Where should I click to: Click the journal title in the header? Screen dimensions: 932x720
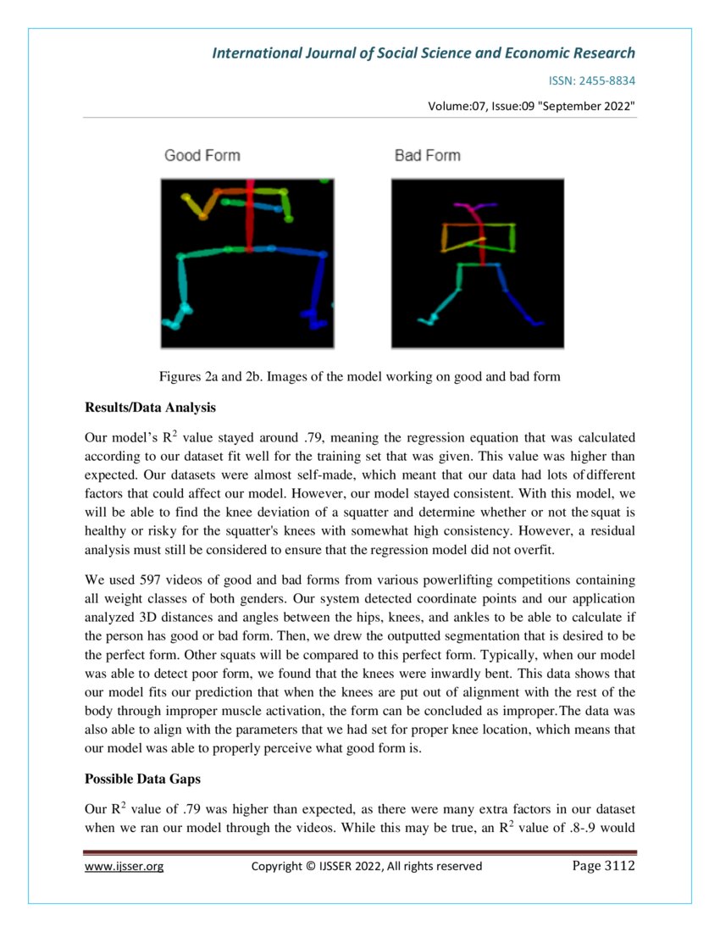click(x=423, y=53)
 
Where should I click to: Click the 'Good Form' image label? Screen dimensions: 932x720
click(x=202, y=155)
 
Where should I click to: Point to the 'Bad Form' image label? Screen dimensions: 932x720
click(x=428, y=155)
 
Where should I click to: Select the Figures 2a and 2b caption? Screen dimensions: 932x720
click(x=359, y=376)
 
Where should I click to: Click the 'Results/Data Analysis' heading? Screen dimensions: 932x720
click(x=150, y=408)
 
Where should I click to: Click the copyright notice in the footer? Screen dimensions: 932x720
click(x=367, y=866)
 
